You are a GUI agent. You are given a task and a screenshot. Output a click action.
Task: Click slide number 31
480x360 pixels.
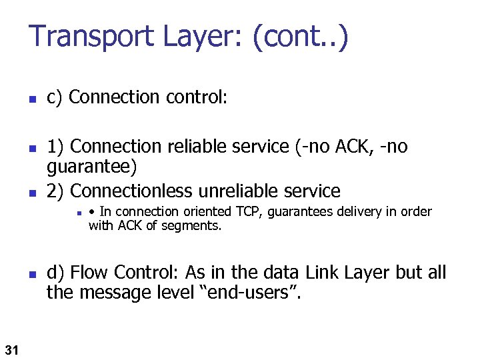pos(11,348)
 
